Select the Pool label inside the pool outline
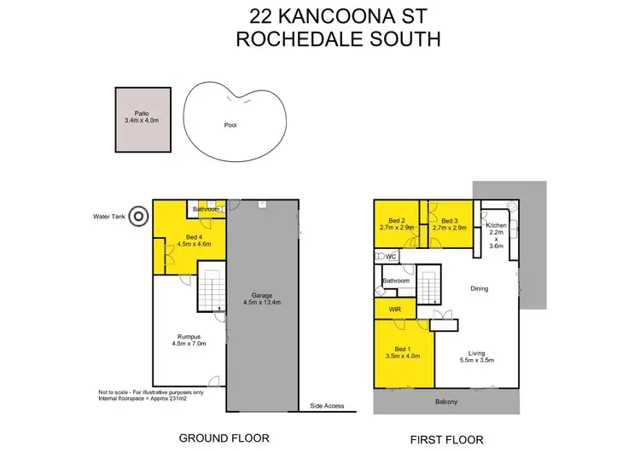click(230, 125)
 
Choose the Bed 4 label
click(193, 240)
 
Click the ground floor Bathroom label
click(207, 209)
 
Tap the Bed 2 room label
click(395, 223)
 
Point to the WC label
click(391, 256)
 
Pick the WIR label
click(394, 308)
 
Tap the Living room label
click(478, 355)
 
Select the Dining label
click(479, 288)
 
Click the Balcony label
click(445, 403)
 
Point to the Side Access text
click(327, 406)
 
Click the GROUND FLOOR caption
click(224, 438)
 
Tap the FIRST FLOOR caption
click(446, 440)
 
